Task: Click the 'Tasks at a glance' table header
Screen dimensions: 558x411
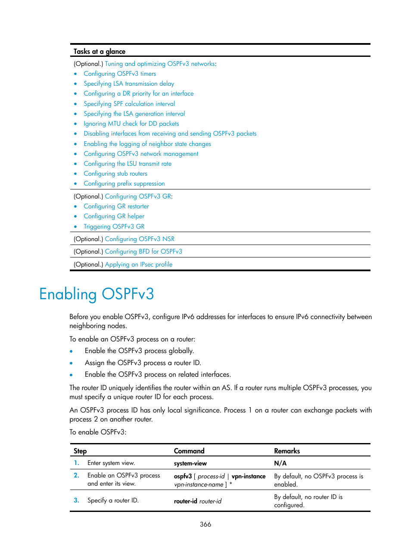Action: pyautogui.click(x=100, y=51)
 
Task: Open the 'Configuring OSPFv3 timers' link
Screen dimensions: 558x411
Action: pyautogui.click(x=120, y=74)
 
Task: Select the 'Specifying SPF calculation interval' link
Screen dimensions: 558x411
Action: pyautogui.click(x=129, y=104)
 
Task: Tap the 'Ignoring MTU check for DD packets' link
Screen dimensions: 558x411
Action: pyautogui.click(x=131, y=124)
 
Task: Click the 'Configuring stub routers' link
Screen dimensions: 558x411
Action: pyautogui.click(x=115, y=174)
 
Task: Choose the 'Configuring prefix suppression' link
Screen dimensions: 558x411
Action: pyautogui.click(x=124, y=183)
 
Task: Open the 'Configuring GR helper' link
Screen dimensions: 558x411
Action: pyautogui.click(x=114, y=216)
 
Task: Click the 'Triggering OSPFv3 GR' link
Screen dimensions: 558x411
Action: pyautogui.click(x=114, y=226)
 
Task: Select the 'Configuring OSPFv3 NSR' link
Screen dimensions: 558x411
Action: pyautogui.click(x=140, y=239)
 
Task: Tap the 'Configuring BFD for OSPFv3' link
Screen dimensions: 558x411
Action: pyautogui.click(x=143, y=251)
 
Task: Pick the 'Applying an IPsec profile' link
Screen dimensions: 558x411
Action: pyautogui.click(x=138, y=264)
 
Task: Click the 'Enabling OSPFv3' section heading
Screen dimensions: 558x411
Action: pyautogui.click(x=97, y=294)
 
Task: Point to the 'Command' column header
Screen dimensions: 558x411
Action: pyautogui.click(x=189, y=451)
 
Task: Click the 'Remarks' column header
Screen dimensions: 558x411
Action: pyautogui.click(x=287, y=451)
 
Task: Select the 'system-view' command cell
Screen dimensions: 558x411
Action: pyautogui.click(x=190, y=463)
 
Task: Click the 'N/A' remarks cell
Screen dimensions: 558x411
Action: pyautogui.click(x=280, y=463)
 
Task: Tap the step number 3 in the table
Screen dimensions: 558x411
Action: pyautogui.click(x=76, y=500)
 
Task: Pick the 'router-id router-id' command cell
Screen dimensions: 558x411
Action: pyautogui.click(x=198, y=501)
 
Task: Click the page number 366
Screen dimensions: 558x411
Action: pyautogui.click(x=205, y=524)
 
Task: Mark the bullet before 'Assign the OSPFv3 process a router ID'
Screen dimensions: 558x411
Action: pyautogui.click(x=71, y=363)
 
